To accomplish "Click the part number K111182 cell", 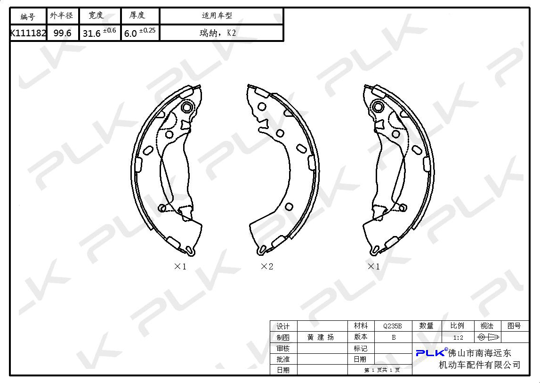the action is (x=28, y=33).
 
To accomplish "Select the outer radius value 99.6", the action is (x=62, y=33).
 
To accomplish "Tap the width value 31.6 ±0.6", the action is (x=99, y=33).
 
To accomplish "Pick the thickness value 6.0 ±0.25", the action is (x=140, y=33).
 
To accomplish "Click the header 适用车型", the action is (x=217, y=16).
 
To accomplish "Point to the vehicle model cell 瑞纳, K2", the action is (x=218, y=33).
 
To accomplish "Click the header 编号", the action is (x=28, y=16).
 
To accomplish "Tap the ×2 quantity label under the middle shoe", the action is (x=267, y=267).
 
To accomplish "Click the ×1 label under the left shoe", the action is (x=180, y=267).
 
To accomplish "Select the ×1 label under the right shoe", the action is (x=374, y=267).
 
